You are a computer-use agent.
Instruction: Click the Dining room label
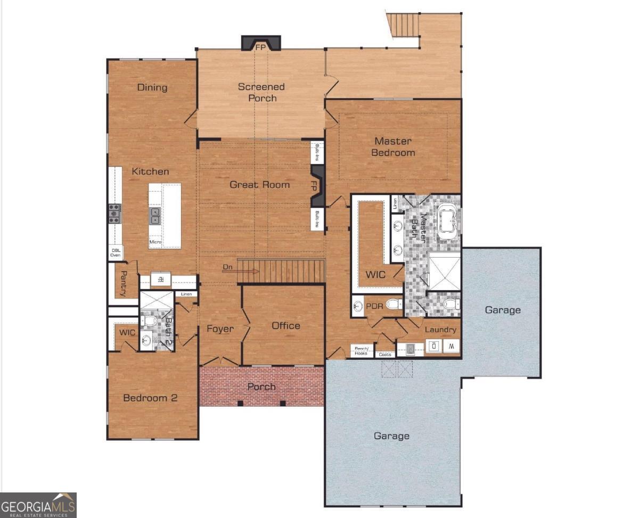point(152,87)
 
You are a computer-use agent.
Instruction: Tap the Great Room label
point(260,185)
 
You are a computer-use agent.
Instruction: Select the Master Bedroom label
point(393,147)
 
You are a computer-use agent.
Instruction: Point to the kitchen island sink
point(155,216)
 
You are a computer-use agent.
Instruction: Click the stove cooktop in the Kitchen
point(114,213)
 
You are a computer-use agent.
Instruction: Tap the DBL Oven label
point(116,252)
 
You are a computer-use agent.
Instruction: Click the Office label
point(286,325)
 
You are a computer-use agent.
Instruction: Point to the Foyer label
point(220,328)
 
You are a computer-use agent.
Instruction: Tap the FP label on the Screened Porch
point(261,47)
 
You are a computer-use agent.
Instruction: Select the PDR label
point(374,306)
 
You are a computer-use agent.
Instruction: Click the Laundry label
point(440,330)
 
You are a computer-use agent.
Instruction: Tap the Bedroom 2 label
point(150,398)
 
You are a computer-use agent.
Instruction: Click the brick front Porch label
point(261,387)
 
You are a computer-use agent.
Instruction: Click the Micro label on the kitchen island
point(155,242)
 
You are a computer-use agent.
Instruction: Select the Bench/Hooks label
point(362,351)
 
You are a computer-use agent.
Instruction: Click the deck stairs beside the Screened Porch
point(404,24)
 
